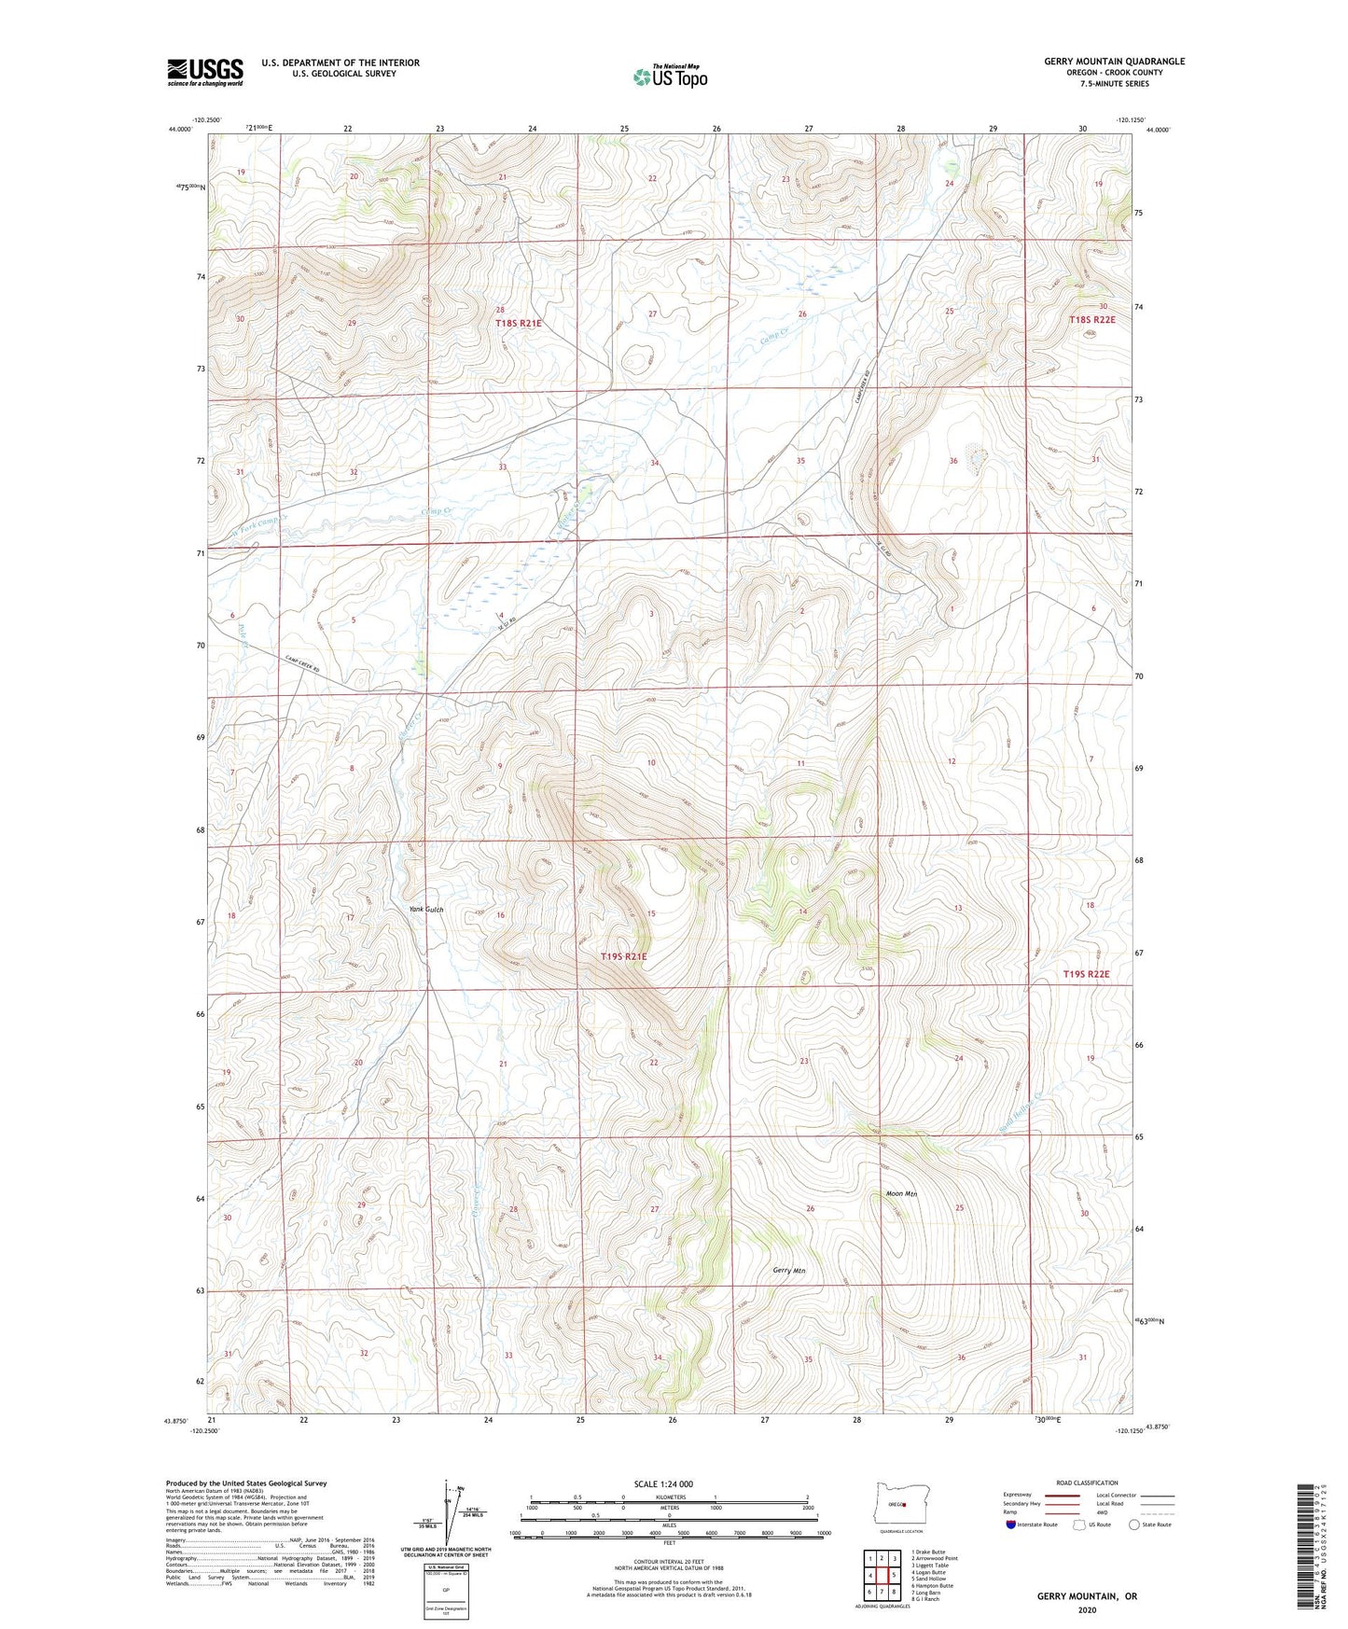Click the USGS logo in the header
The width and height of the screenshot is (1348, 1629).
pos(204,72)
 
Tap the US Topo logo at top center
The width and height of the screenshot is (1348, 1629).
pos(670,77)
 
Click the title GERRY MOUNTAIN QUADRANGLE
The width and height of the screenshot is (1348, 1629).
pos(1114,62)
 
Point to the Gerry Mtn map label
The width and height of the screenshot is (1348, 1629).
pos(788,1271)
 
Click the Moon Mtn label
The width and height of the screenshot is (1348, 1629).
pos(900,1193)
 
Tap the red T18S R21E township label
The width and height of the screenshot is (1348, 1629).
pos(518,323)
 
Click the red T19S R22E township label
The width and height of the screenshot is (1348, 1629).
pos(1087,974)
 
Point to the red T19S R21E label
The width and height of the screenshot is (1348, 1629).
pos(623,956)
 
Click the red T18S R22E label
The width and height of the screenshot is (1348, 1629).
pos(1091,319)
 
